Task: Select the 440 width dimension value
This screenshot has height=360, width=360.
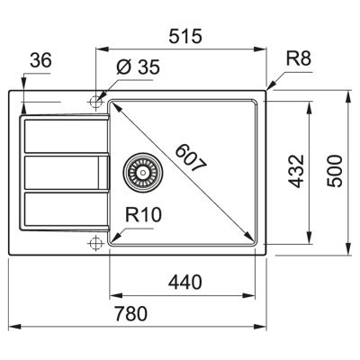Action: pos(183,282)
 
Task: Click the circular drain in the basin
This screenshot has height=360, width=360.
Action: pos(139,168)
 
